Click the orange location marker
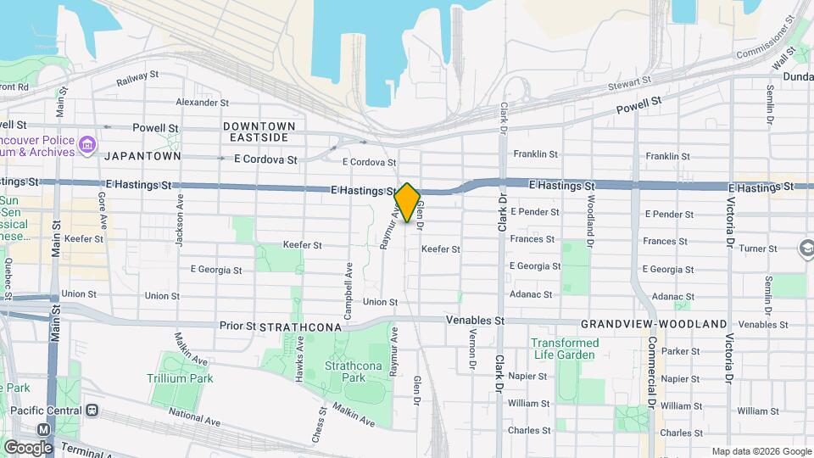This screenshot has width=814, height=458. [x=408, y=202]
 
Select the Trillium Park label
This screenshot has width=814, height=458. [x=179, y=378]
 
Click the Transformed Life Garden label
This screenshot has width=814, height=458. [x=565, y=349]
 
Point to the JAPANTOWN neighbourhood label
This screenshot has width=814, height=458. [x=143, y=156]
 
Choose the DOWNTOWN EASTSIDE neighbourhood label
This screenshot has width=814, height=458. [x=259, y=131]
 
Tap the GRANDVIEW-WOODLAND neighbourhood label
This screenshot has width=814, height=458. [x=655, y=324]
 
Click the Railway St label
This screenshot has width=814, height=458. [x=137, y=75]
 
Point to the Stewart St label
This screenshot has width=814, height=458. [x=629, y=82]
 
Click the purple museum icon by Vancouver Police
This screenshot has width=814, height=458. [x=86, y=144]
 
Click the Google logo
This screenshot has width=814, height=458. [x=28, y=447]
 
